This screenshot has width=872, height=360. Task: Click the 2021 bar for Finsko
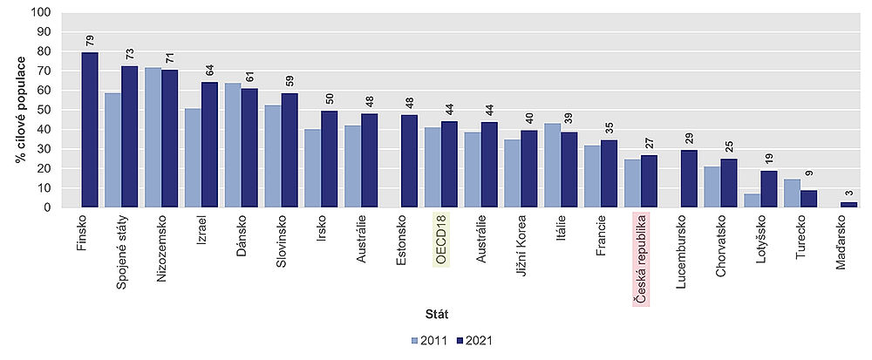coord(90,130)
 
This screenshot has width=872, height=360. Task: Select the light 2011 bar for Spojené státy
coord(112,150)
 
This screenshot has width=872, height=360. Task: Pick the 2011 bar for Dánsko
coord(233,146)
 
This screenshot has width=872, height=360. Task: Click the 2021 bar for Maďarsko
coord(848,205)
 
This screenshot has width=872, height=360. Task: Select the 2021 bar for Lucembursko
coord(689,179)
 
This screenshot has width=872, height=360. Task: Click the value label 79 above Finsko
coord(90,41)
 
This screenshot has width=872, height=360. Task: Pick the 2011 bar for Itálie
coord(552,166)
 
